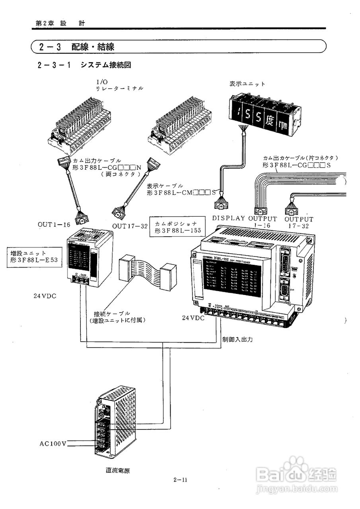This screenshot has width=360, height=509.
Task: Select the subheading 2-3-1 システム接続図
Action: tap(84, 65)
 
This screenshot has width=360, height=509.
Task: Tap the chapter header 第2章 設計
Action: tap(60, 23)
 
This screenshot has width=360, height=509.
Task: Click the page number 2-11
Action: tap(180, 480)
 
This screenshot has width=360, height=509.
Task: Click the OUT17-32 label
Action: tap(130, 226)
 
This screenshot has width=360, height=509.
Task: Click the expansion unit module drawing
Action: tap(89, 258)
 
